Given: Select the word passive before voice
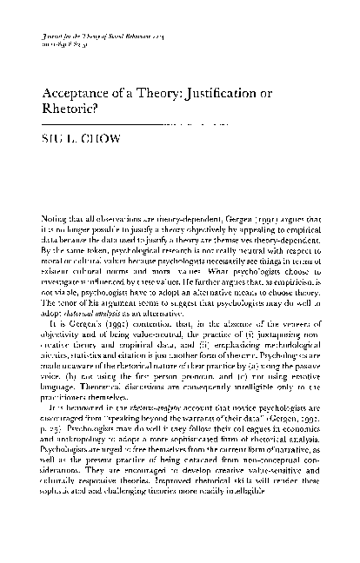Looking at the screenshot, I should click(x=302, y=395).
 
